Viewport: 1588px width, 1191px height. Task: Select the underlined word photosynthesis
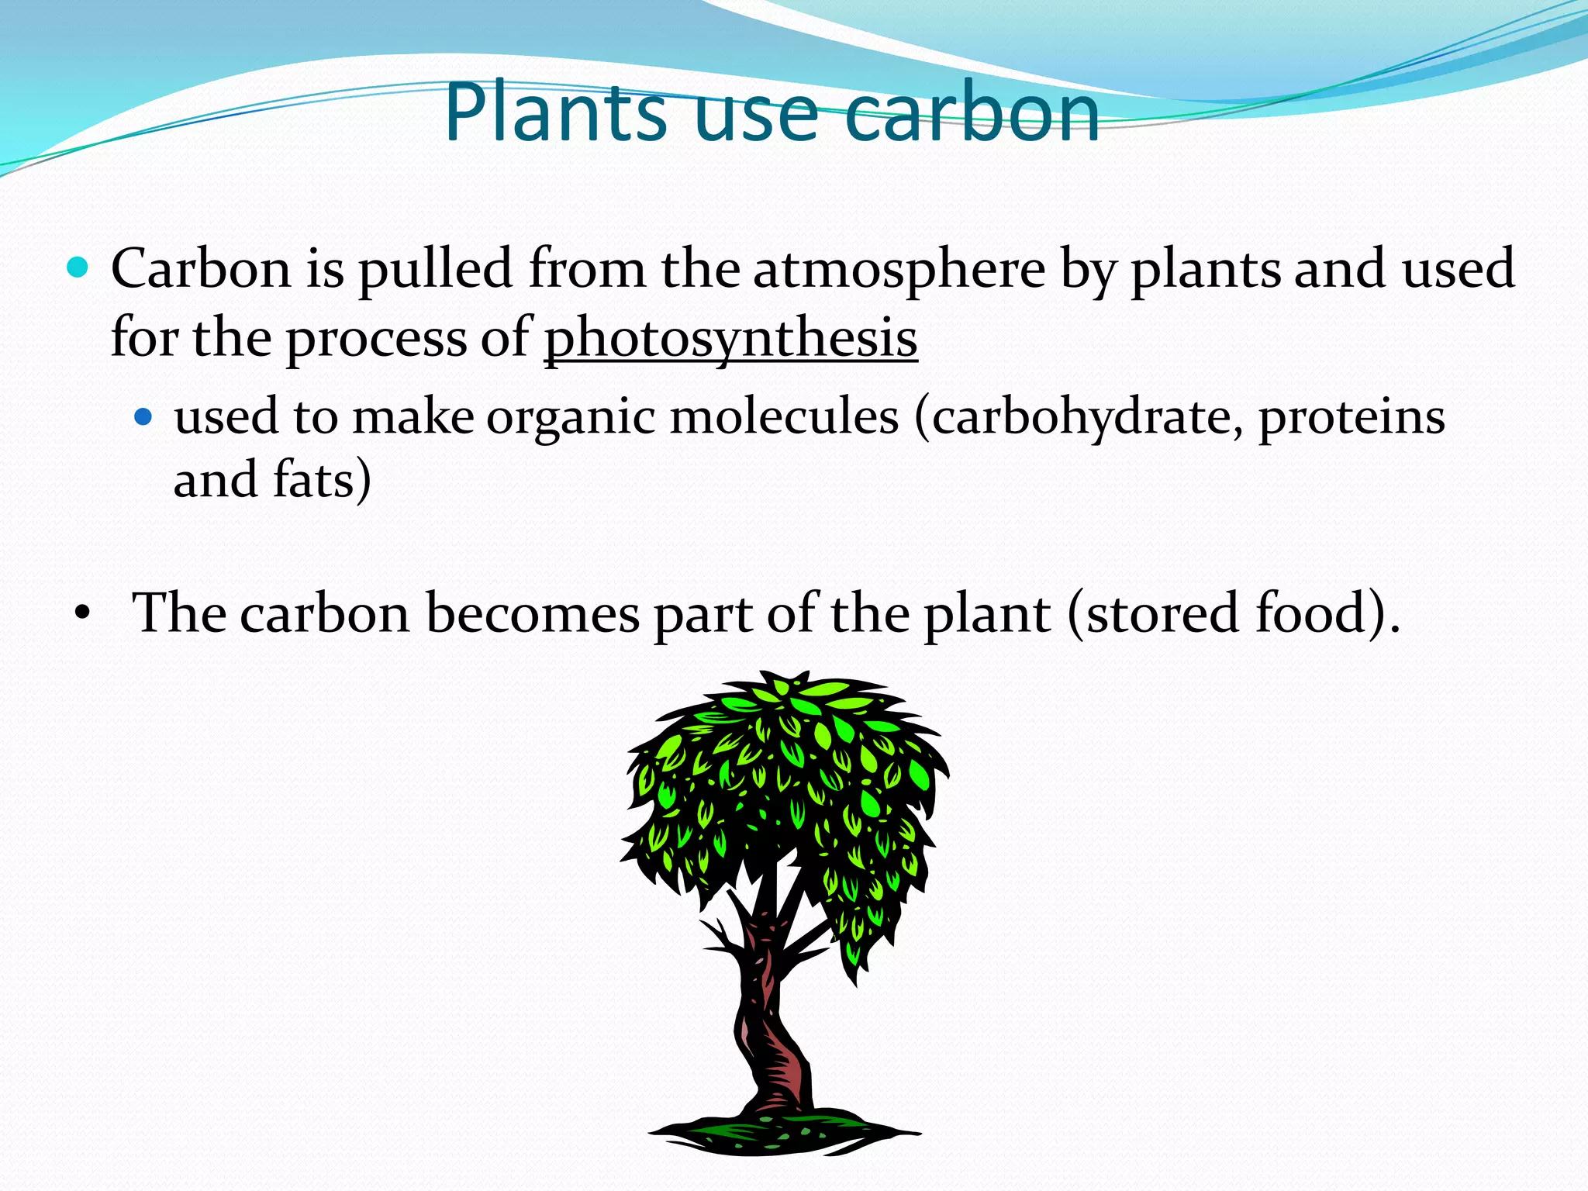pos(730,339)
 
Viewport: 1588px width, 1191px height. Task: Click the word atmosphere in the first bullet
pos(899,269)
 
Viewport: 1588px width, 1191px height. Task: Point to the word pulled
pos(435,269)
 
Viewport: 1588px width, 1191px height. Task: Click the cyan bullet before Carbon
pos(78,268)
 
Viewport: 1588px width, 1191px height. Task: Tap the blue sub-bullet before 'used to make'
pos(143,418)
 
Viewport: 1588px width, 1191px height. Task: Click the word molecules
pos(784,418)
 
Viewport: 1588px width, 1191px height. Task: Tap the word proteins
pos(1352,418)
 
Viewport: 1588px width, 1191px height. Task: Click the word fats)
pos(322,480)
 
